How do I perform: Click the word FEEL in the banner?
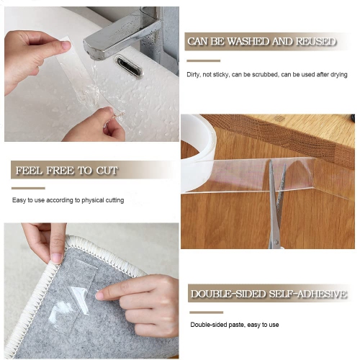tap(30, 171)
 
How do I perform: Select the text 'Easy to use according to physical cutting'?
tap(68, 200)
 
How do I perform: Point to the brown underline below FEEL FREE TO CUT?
tap(28, 188)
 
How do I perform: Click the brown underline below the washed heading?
tap(202, 59)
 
